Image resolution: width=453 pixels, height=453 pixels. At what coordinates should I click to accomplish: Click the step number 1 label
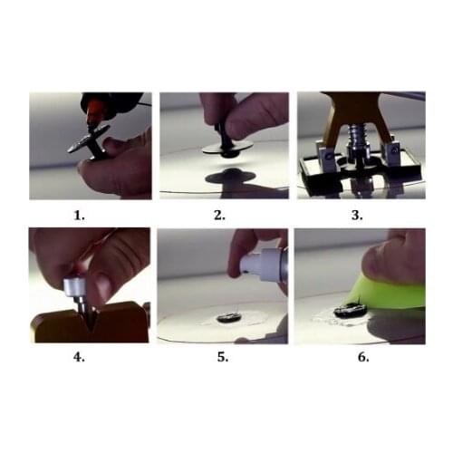click(79, 216)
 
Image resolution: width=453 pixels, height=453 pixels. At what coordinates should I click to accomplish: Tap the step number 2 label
click(219, 216)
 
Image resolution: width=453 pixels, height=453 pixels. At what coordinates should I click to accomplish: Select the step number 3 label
click(357, 216)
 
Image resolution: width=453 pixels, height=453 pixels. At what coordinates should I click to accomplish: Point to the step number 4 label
click(79, 357)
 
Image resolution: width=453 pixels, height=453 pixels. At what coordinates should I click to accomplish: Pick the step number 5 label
click(223, 357)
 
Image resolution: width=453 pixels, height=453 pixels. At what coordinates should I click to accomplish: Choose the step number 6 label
click(363, 357)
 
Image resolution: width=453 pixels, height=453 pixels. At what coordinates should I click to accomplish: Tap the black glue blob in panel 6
click(351, 310)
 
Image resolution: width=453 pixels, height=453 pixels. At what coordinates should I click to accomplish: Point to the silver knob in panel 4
click(74, 287)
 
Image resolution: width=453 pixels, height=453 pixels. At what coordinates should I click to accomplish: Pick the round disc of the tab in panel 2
click(227, 148)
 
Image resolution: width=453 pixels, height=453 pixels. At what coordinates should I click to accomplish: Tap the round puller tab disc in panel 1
click(88, 139)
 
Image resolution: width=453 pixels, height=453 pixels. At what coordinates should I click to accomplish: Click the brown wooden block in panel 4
click(91, 323)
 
